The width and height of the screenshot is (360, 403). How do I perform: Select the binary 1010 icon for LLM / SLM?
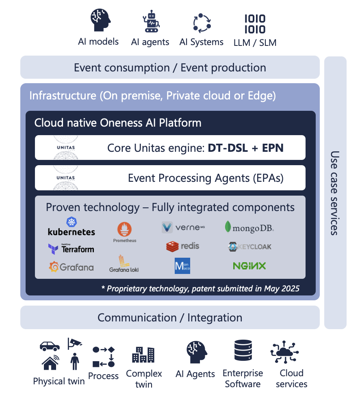point(255,24)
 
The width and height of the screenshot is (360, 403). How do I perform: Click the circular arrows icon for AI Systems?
point(202,23)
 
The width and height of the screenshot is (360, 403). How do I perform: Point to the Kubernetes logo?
point(72,227)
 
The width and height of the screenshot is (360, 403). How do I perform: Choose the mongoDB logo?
point(249,227)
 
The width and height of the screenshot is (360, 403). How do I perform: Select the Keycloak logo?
point(249,246)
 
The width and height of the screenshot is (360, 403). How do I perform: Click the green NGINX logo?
point(249,266)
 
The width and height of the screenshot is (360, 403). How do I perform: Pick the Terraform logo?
point(71,248)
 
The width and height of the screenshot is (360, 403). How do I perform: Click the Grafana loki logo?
point(124,263)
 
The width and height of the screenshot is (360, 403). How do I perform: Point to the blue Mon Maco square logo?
point(182,266)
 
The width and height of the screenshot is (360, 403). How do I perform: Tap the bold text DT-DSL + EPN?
point(245,148)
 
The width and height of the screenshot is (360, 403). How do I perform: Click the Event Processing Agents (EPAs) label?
point(206,178)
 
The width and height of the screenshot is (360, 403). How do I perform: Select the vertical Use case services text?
point(334,193)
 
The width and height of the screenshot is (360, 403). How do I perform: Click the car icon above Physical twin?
point(50,346)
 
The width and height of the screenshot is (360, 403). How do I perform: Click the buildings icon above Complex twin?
point(143,354)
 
